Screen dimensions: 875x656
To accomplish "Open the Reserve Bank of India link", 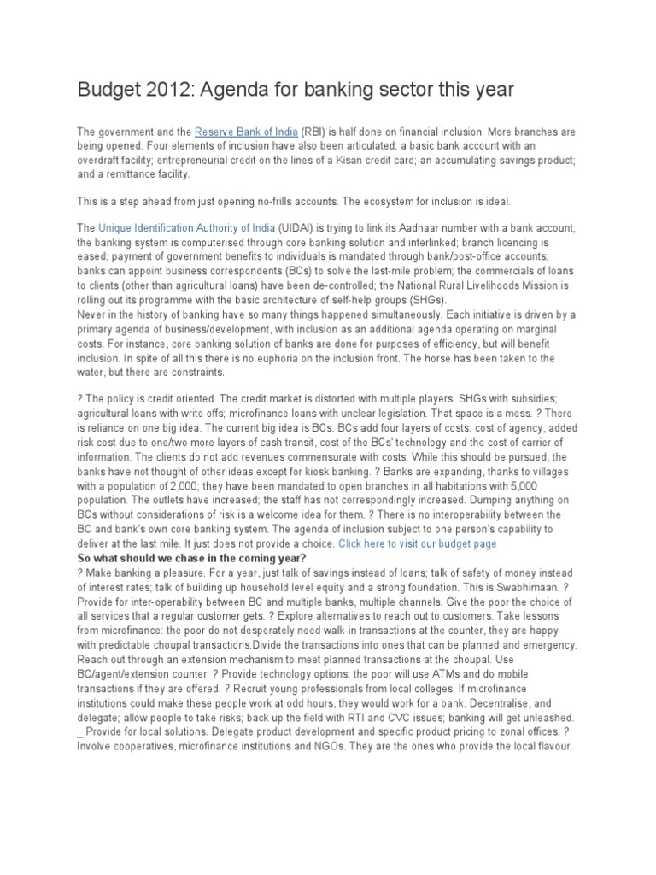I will (x=246, y=132).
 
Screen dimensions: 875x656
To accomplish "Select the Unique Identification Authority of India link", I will (x=187, y=228).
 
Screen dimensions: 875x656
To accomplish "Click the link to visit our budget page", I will (x=417, y=543).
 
